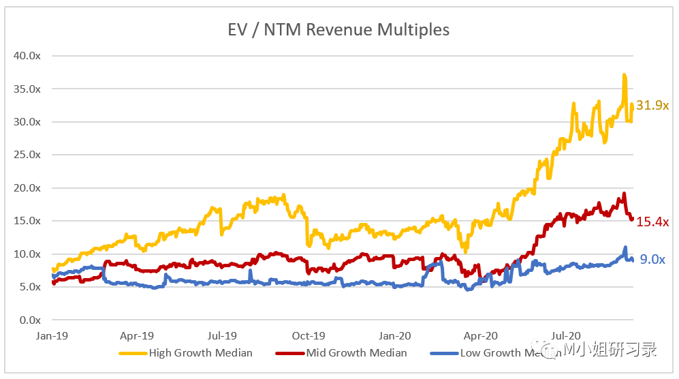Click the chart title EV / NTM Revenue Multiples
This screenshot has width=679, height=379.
click(338, 30)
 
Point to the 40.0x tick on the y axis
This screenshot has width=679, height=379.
click(28, 56)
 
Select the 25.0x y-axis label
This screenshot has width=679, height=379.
click(28, 155)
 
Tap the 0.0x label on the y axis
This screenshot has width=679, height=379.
click(31, 320)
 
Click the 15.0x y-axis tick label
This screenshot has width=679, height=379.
click(28, 221)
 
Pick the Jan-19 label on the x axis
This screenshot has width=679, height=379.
click(51, 335)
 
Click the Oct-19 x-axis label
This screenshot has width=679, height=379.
click(309, 335)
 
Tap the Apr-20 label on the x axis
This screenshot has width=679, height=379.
click(481, 335)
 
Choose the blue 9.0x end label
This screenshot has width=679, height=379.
click(651, 259)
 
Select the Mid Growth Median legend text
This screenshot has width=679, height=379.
click(356, 353)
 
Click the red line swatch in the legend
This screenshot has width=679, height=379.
click(289, 353)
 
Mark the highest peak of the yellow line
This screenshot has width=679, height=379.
click(624, 75)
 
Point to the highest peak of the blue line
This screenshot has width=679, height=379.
click(625, 247)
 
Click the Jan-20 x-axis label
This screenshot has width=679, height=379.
click(395, 335)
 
